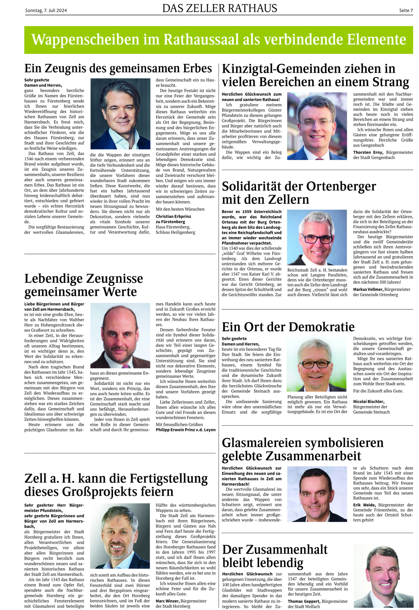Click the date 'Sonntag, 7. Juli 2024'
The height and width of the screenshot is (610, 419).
(x=46, y=10)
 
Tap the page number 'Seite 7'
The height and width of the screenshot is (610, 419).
(x=406, y=10)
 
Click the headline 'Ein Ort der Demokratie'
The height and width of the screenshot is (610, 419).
(x=288, y=327)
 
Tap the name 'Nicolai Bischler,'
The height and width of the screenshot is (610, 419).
(x=368, y=402)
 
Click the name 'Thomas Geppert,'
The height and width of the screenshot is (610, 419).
(x=304, y=601)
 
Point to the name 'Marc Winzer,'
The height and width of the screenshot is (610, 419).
(x=167, y=601)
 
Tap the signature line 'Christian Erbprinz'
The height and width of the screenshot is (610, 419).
(x=173, y=216)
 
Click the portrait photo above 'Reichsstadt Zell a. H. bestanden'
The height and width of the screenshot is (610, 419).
(x=317, y=237)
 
